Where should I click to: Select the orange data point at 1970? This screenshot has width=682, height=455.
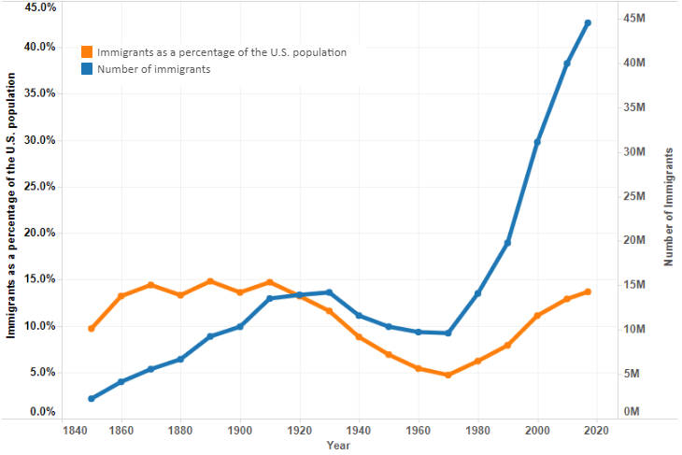[x=448, y=375]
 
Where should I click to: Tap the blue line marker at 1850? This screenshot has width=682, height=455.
[x=92, y=398]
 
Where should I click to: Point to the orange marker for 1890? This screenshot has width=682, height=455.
[x=210, y=281]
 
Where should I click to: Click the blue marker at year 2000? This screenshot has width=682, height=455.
[x=538, y=141]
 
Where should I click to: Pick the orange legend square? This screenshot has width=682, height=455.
[x=87, y=52]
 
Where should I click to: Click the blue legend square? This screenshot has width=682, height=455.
[x=87, y=69]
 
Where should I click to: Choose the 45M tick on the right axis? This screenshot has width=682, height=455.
[x=635, y=18]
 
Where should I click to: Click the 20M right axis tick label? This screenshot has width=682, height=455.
[x=635, y=240]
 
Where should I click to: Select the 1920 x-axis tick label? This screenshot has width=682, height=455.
[x=300, y=430]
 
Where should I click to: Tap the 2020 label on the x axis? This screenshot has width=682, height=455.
[x=597, y=430]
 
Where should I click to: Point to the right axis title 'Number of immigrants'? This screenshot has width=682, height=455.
[x=669, y=206]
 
